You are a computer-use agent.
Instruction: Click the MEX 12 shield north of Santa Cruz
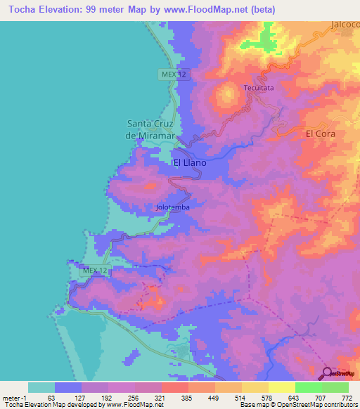click(168, 74)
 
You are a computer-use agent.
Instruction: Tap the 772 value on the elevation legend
click(347, 398)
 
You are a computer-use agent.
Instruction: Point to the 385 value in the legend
click(188, 398)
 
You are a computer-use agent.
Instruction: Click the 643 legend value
click(295, 398)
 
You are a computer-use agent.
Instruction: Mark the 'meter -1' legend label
click(14, 398)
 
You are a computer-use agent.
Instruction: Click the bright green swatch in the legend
click(308, 387)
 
